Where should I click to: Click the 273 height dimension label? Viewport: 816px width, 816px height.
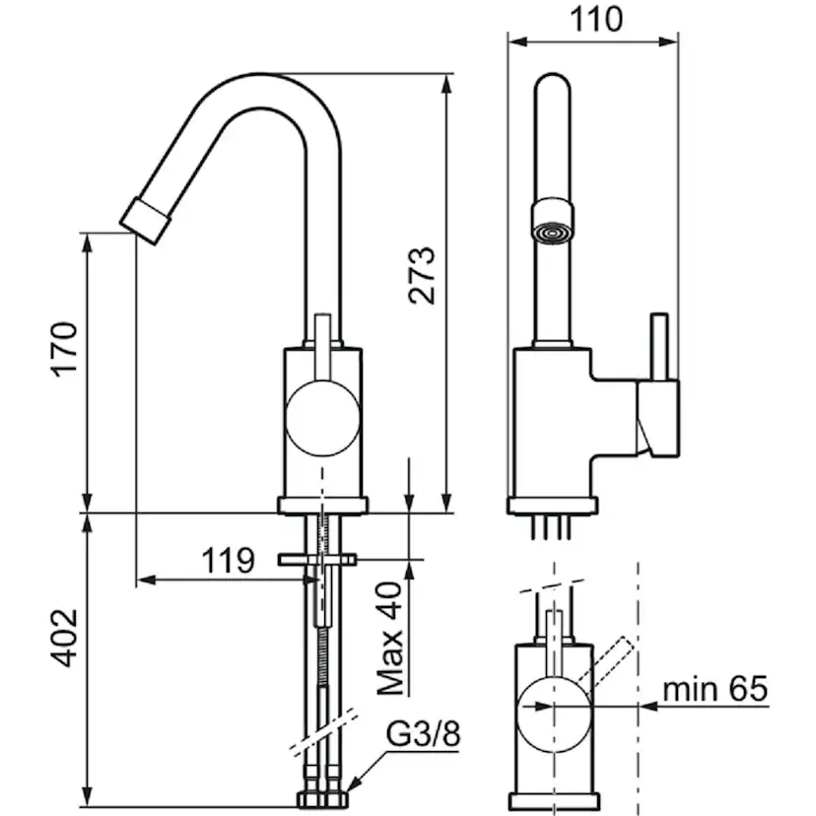point(421,275)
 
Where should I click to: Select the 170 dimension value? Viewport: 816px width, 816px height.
point(64,348)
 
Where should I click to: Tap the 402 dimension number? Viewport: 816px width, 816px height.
point(64,637)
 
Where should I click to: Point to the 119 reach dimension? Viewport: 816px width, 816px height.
point(228,561)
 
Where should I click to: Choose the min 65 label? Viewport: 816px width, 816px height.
point(714,689)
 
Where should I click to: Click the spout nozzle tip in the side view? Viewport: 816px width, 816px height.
point(144,218)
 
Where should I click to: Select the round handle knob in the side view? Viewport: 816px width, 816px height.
point(321,419)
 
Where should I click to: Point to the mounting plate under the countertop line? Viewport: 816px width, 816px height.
point(316,560)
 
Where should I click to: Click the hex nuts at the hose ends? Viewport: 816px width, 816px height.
point(321,796)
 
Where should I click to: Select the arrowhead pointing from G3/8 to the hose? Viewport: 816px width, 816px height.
point(353,784)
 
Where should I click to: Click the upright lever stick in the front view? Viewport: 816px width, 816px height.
point(659,345)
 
